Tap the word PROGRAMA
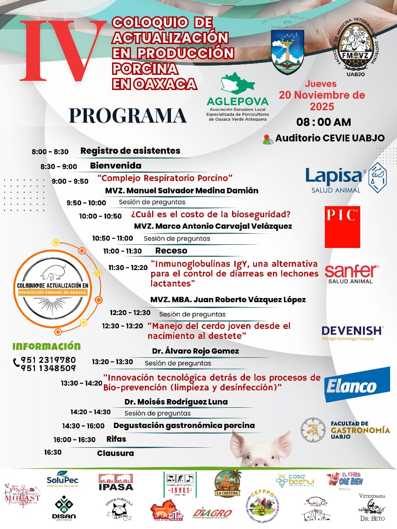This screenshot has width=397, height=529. pos(128,115)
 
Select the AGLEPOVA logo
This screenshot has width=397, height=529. pos(238,97)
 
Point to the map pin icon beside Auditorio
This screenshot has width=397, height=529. pos(268,139)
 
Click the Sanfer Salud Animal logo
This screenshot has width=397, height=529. pos(352,274)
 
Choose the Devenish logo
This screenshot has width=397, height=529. pos(352,332)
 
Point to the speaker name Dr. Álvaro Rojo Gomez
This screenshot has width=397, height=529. pos(195,351)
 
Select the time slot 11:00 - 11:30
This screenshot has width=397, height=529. pos(122,251)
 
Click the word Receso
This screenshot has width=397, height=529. pos(171,251)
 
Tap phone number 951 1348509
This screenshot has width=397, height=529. pos(48,368)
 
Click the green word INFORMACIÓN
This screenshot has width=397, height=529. pos(46,346)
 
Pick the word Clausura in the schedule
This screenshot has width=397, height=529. pos(115,453)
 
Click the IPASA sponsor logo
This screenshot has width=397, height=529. pos(116,482)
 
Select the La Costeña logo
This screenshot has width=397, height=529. pos(228,484)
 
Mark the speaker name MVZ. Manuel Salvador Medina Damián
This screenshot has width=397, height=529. pos(181,190)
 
